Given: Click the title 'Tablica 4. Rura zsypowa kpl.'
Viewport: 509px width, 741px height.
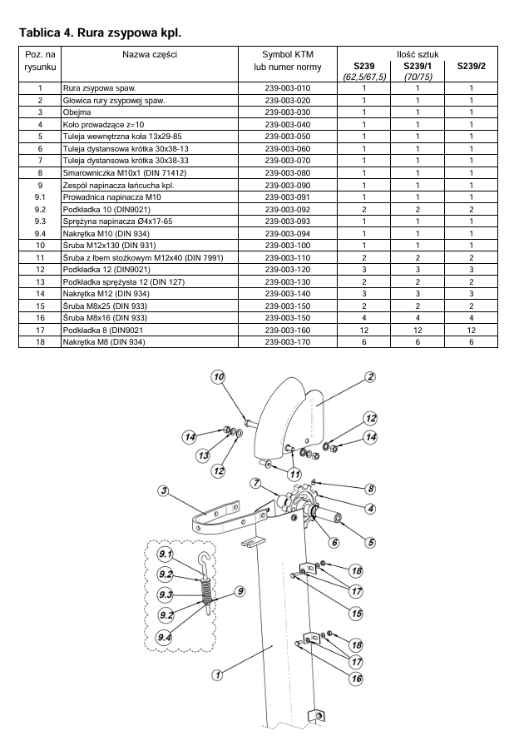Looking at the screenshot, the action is click(x=100, y=32).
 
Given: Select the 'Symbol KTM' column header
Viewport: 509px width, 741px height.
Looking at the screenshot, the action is click(x=288, y=54).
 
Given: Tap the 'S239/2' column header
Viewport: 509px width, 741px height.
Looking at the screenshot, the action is click(x=471, y=66).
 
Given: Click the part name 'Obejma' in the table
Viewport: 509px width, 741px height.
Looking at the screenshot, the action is click(x=77, y=112).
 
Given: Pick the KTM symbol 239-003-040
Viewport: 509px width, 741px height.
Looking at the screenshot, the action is click(x=288, y=125).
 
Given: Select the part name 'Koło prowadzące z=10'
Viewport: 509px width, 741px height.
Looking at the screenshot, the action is click(x=103, y=125).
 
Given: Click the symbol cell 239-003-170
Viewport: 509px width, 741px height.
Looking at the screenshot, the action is click(x=288, y=341).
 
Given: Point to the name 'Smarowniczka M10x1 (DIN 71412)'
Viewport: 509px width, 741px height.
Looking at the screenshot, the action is click(x=125, y=173).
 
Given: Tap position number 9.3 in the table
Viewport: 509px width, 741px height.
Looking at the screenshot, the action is click(x=40, y=221).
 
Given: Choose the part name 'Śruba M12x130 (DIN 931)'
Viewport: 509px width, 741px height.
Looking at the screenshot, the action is click(x=109, y=246).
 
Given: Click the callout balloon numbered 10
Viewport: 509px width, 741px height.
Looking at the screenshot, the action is click(x=218, y=376).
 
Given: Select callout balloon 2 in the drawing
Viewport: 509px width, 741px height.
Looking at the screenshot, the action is click(x=370, y=376).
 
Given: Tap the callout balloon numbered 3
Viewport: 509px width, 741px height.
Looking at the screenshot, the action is click(x=163, y=490).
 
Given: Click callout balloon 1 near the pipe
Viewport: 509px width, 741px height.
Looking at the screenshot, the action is click(x=217, y=675).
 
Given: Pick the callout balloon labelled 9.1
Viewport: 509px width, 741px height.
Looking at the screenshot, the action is click(x=165, y=554).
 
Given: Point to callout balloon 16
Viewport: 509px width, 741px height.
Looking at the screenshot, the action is click(x=357, y=679).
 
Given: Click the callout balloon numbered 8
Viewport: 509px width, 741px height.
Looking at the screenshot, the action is click(x=371, y=489).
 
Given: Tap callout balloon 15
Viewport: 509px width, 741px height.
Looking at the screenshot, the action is click(x=356, y=614).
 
